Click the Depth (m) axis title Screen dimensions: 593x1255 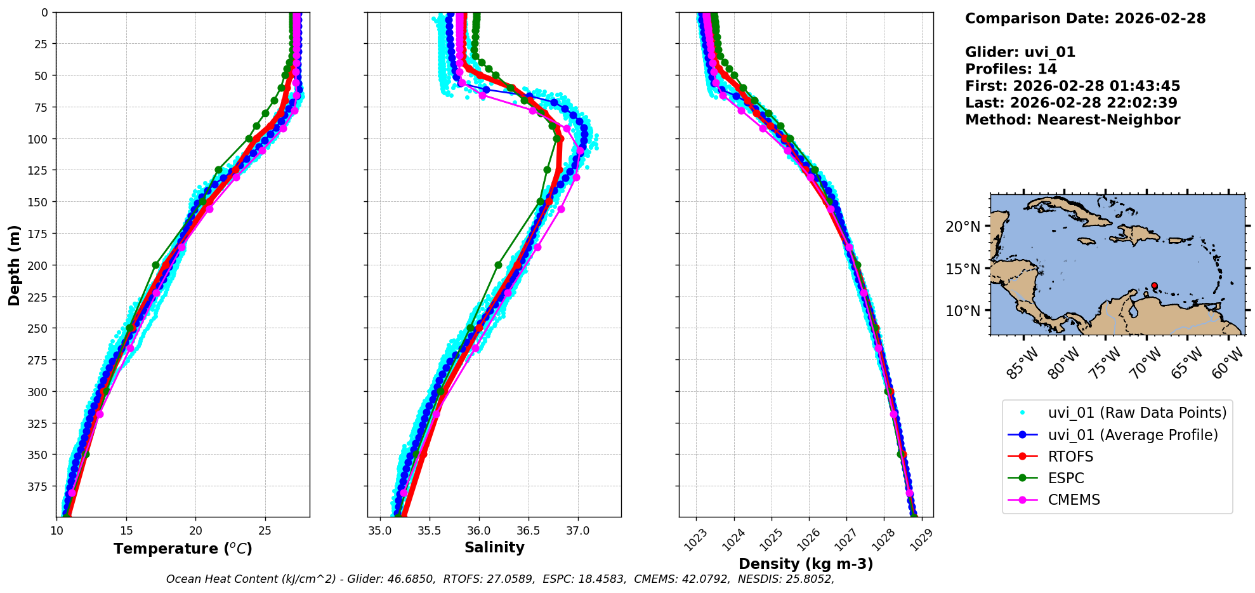tap(15, 265)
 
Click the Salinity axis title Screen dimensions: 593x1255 tap(494, 548)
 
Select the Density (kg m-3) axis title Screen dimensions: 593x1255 tap(806, 564)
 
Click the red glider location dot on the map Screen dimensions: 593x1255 tap(1154, 286)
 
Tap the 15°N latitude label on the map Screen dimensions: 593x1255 tap(963, 269)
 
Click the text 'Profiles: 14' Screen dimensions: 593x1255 tap(1011, 69)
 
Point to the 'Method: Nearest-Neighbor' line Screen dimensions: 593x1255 tap(1072, 120)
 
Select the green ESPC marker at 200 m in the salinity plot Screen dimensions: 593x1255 tap(498, 265)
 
